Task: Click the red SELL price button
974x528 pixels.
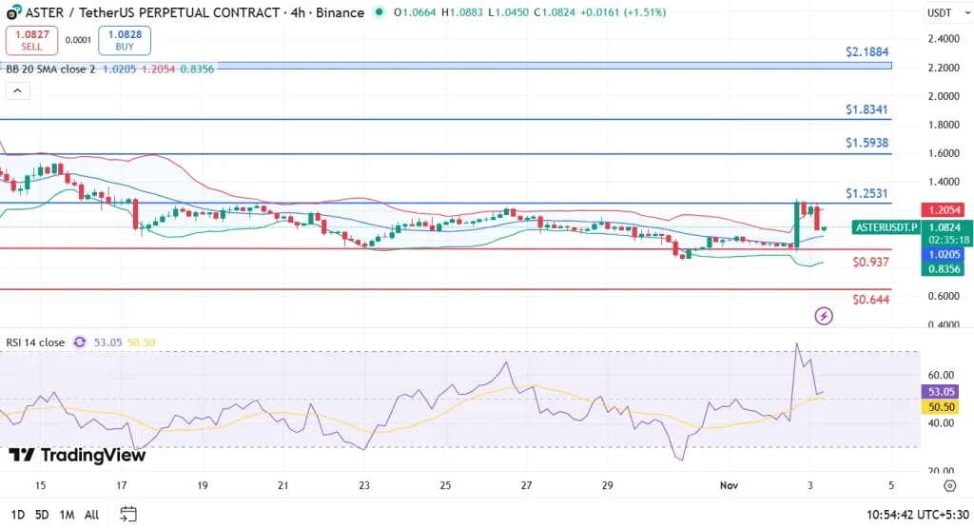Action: pos(31,40)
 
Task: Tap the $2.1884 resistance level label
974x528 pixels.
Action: pos(867,51)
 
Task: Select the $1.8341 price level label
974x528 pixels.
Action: pos(867,109)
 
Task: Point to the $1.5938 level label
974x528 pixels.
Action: pos(867,143)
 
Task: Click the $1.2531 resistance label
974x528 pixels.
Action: pos(867,193)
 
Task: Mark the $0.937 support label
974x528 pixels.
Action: pos(870,262)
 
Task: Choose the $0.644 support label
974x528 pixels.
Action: pos(870,300)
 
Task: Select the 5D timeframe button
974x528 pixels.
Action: pos(41,515)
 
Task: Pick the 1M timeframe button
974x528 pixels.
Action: pos(67,515)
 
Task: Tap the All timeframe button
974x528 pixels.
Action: pos(91,515)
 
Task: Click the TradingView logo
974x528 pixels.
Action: pos(77,455)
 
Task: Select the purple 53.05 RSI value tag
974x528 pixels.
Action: pos(942,391)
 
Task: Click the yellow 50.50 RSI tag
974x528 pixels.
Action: pos(942,406)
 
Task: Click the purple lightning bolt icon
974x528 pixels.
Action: pos(824,316)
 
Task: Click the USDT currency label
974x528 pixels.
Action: pos(939,12)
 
